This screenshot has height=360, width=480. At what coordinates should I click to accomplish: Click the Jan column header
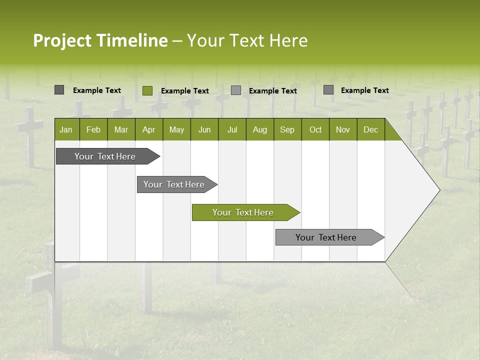(x=66, y=129)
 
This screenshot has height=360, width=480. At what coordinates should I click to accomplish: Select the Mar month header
(x=121, y=129)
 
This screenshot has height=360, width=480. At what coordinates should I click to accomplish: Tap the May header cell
(x=176, y=129)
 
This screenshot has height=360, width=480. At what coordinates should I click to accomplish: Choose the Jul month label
(x=232, y=129)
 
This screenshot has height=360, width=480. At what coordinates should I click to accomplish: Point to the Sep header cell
(x=287, y=129)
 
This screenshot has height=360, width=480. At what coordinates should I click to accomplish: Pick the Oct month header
(x=315, y=129)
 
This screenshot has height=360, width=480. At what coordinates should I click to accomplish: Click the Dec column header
(x=370, y=129)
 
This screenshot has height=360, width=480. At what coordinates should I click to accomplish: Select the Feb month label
(x=93, y=129)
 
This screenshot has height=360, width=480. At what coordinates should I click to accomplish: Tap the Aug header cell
(x=259, y=129)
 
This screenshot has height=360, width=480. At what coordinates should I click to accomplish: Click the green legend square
(x=147, y=90)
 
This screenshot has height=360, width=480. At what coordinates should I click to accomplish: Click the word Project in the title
(x=61, y=40)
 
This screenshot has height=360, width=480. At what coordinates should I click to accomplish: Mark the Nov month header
(x=343, y=129)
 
